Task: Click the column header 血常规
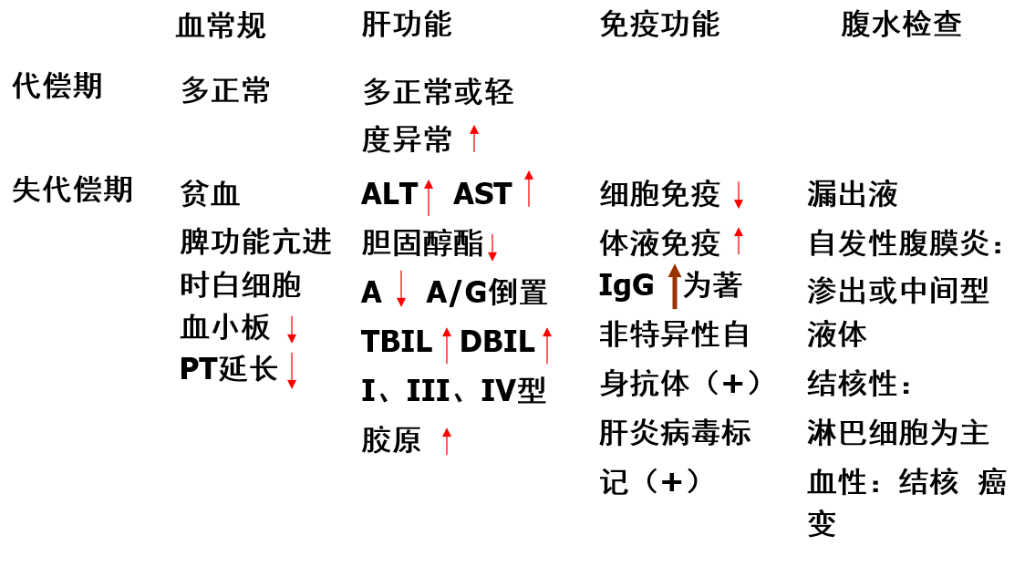tap(221, 26)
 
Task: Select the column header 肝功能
tap(406, 25)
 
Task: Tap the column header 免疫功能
tap(658, 25)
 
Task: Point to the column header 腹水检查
tap(900, 25)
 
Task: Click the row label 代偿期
tap(57, 87)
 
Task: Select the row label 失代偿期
tap(72, 190)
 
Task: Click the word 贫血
tap(210, 194)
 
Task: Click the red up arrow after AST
tap(529, 189)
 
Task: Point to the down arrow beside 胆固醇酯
tap(492, 247)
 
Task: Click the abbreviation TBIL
tap(397, 342)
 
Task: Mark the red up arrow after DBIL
tap(547, 345)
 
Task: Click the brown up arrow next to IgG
tap(675, 285)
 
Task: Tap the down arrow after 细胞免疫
tap(739, 194)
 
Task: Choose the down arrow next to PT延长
tap(292, 370)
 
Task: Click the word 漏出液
tap(853, 194)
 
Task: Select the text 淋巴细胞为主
tap(897, 432)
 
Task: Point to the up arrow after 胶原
tap(447, 440)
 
